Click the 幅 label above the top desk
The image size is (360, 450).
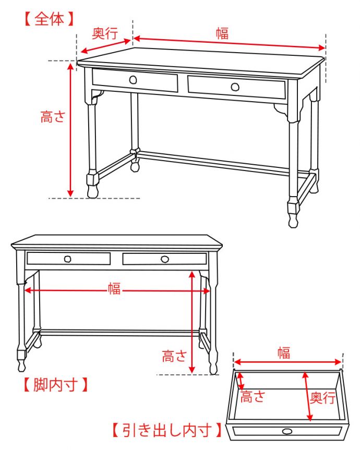[x=222, y=33]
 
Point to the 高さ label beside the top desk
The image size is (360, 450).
[x=53, y=117]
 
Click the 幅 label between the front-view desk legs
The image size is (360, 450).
[x=114, y=288]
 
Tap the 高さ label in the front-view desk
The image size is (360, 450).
[x=174, y=357]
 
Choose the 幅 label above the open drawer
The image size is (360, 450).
[x=283, y=353]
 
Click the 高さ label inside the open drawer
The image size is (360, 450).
[x=253, y=397]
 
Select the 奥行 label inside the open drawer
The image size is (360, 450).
[x=322, y=398]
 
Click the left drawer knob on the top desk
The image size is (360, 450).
[x=133, y=79]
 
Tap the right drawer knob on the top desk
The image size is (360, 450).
[x=235, y=86]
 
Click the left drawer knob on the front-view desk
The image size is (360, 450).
[x=68, y=259]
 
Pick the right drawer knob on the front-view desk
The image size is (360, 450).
[x=165, y=259]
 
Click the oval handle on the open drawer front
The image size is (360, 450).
[x=287, y=431]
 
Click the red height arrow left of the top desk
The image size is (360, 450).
[x=71, y=129]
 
